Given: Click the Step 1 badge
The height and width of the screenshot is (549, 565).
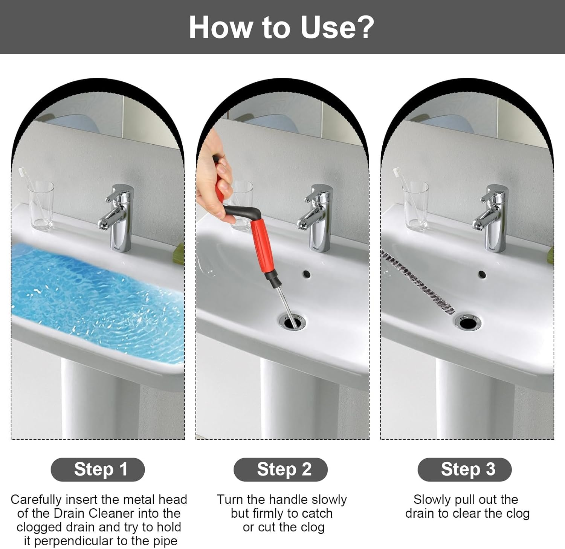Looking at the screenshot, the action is (x=98, y=469).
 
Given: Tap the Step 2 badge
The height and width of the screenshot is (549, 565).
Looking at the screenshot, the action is (x=281, y=469).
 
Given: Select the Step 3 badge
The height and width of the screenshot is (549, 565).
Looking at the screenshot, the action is (x=464, y=469).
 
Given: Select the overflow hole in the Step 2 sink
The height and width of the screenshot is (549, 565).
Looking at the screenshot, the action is (x=306, y=274).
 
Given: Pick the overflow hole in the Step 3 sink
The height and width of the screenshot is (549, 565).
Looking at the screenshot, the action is (x=481, y=274).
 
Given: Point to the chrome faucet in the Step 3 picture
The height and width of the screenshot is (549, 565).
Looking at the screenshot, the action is (x=491, y=218).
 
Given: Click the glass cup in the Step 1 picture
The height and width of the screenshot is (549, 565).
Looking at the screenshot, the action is (x=41, y=205).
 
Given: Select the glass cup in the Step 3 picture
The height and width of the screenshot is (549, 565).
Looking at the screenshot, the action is (x=415, y=206).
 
